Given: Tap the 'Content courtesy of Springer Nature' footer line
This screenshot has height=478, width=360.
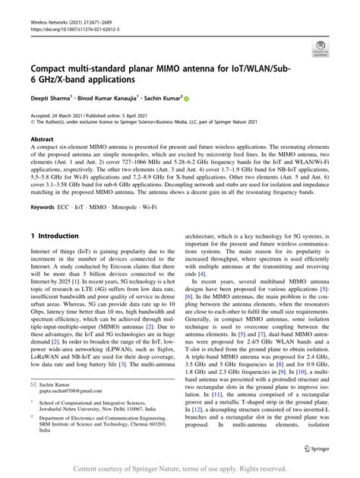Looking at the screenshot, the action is (x=180, y=469).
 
